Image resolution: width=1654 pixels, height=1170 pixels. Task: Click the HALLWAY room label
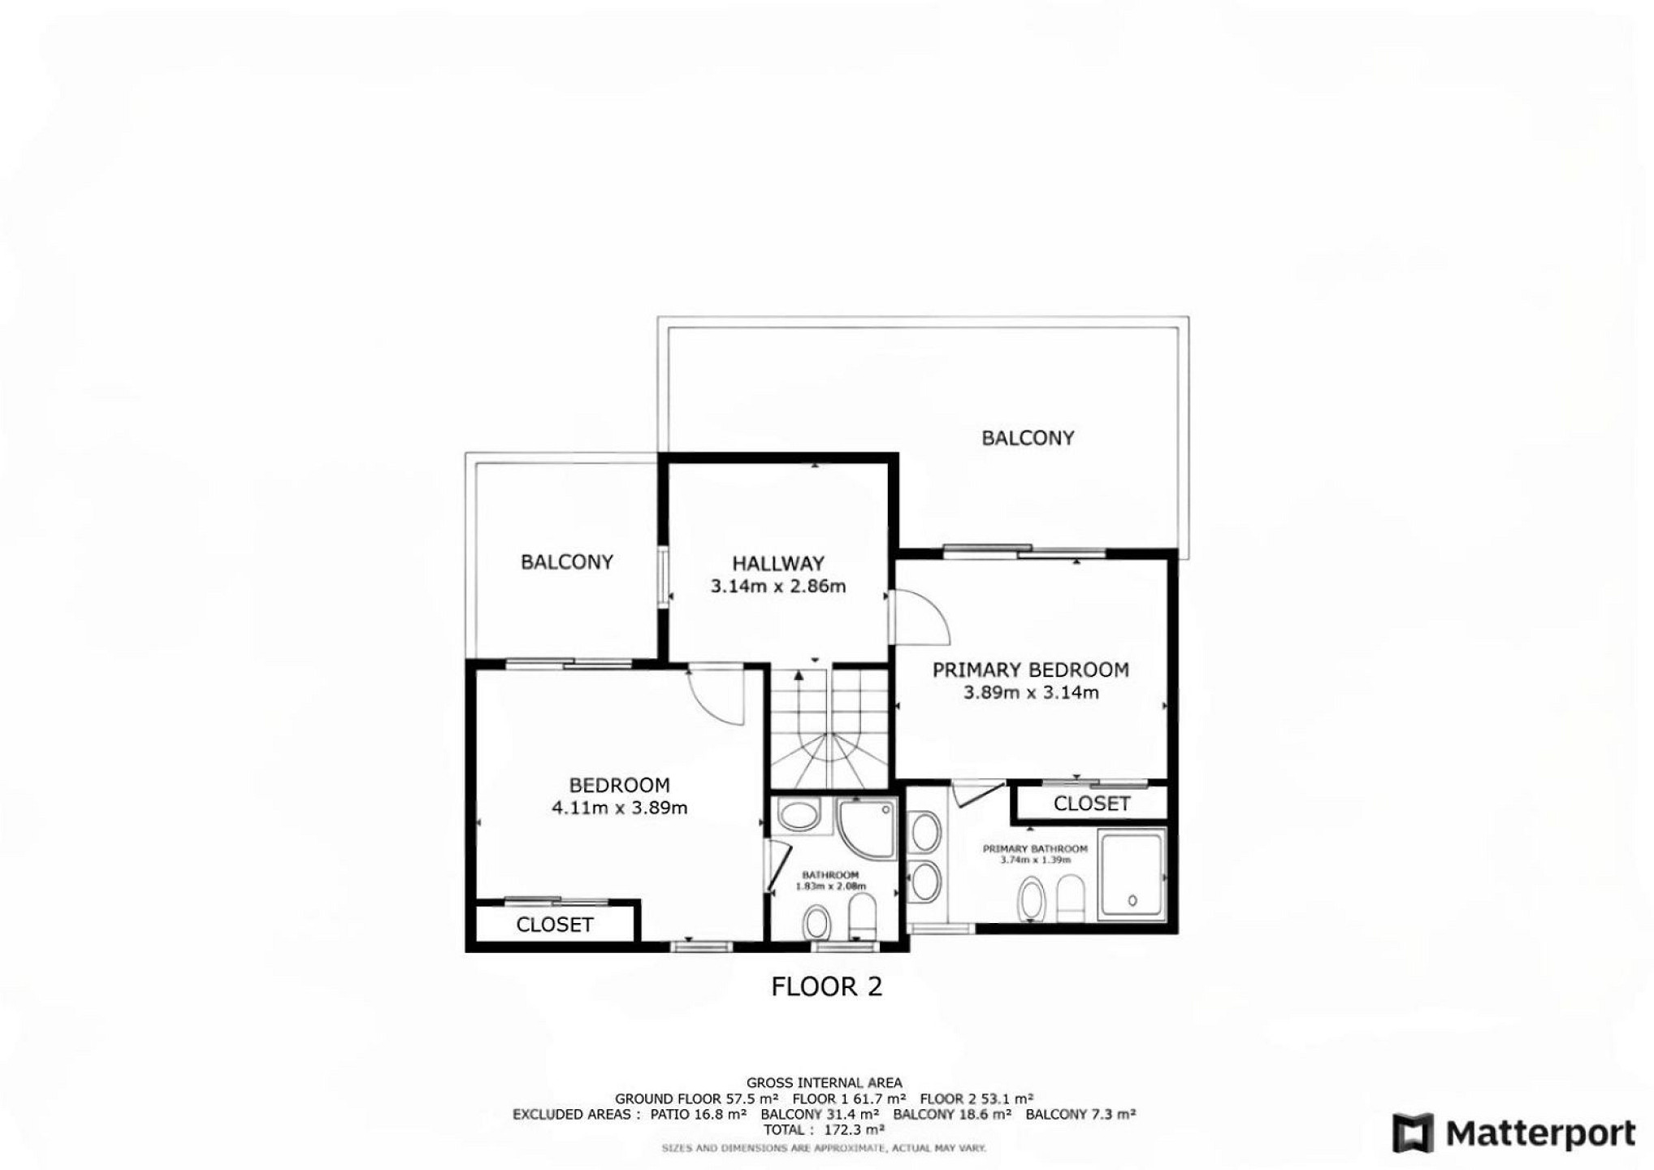click(777, 563)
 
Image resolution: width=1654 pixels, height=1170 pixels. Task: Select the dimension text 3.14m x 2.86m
click(778, 586)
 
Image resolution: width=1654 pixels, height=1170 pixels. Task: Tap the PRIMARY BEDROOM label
click(1030, 670)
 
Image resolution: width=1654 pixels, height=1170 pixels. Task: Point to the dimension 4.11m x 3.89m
click(619, 808)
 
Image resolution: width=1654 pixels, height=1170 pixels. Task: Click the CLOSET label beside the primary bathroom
click(1091, 804)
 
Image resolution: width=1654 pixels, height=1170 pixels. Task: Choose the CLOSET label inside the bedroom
click(554, 925)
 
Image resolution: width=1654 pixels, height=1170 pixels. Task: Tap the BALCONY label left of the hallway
click(566, 561)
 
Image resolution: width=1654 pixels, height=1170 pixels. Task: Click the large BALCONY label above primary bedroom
click(1028, 438)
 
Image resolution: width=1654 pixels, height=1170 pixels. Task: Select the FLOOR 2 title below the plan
click(826, 986)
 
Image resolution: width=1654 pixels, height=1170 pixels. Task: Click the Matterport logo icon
click(1413, 1132)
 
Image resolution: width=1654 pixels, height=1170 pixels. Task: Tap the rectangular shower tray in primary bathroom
click(1131, 874)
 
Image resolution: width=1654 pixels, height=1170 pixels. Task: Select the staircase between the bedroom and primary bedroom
click(829, 727)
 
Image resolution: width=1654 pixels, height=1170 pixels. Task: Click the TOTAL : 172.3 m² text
click(824, 1129)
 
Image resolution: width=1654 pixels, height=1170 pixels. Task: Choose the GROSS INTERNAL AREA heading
click(824, 1082)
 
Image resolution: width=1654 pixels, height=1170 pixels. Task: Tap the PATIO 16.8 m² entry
click(698, 1114)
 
